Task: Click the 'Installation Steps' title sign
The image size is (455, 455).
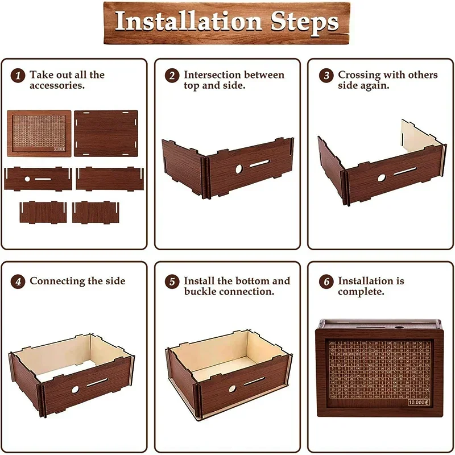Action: coord(227,22)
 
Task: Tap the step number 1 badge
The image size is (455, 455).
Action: coord(18,76)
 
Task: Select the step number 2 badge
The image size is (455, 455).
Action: coord(172,76)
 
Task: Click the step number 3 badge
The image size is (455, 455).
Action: coord(326,76)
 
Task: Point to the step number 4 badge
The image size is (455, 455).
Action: coord(18,282)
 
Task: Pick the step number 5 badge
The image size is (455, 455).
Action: coord(172,282)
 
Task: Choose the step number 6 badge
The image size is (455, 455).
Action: coord(326,282)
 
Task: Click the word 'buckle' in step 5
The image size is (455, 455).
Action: coord(201,292)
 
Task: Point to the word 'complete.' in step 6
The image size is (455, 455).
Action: coord(361,292)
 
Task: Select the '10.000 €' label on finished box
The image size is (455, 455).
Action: coord(419,402)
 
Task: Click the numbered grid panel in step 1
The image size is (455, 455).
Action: coord(39,134)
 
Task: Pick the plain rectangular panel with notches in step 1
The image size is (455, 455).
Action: coord(106,134)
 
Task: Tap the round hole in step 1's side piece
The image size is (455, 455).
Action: coord(27,179)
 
